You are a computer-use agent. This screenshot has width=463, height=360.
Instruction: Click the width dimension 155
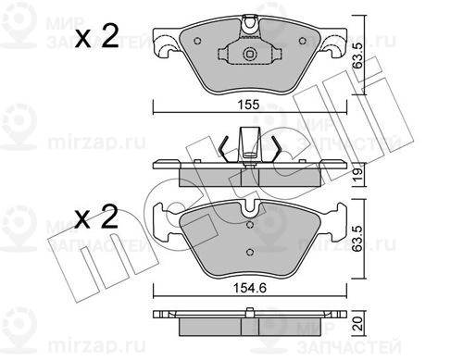coord(249,105)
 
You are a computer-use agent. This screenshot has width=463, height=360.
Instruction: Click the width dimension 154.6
coord(249,289)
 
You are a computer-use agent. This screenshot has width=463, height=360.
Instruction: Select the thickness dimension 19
coord(358,174)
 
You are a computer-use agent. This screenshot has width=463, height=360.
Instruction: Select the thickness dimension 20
coord(358,324)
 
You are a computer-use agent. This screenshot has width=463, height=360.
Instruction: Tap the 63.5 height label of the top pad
coord(358,56)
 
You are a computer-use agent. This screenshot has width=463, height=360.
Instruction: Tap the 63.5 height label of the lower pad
coord(358,238)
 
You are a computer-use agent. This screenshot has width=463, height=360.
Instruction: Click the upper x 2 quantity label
coord(96,36)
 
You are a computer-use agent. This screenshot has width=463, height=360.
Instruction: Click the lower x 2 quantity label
coord(96,217)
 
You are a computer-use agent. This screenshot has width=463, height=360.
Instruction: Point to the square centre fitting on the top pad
coord(249,55)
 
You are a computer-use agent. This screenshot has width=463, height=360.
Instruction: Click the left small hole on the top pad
coord(198,41)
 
